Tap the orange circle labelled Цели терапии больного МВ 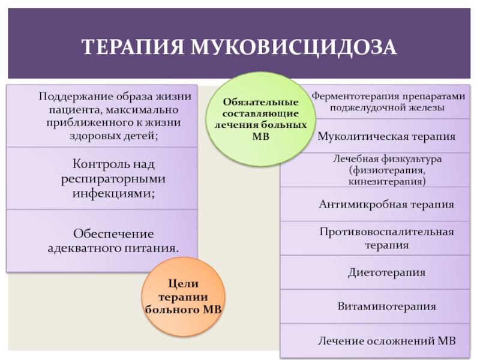point(184,296)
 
